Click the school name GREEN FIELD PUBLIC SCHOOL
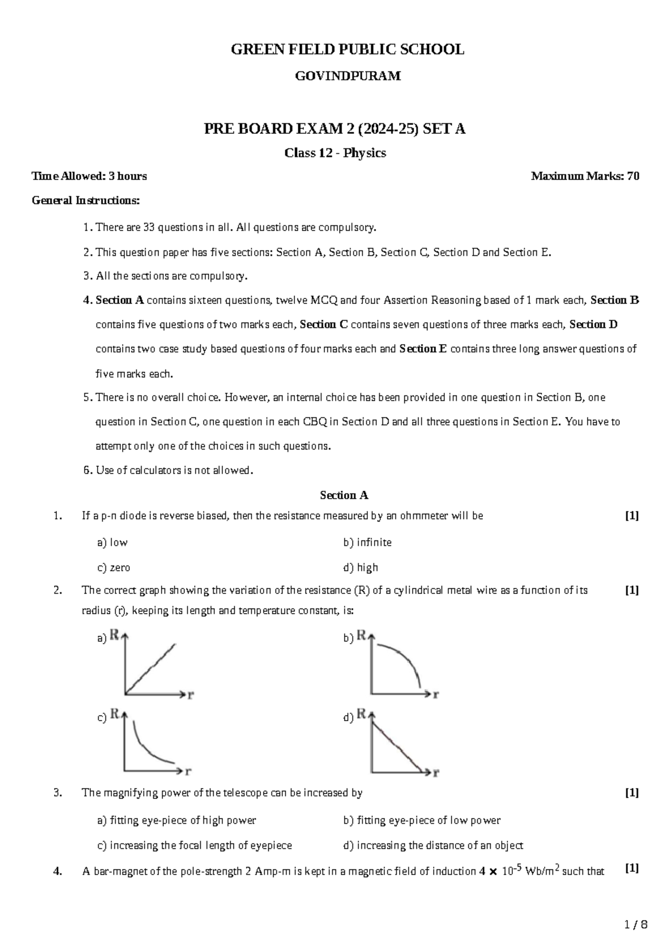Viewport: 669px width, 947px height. (x=347, y=50)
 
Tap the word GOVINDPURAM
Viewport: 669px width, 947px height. (x=347, y=76)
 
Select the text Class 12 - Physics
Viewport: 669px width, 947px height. (x=335, y=153)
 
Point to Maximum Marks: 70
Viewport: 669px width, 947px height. (x=585, y=176)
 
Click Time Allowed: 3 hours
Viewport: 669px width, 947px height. (x=90, y=176)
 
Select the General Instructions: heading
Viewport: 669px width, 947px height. (x=86, y=200)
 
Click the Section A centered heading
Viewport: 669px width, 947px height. (x=344, y=495)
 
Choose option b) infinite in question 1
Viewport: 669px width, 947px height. (x=367, y=542)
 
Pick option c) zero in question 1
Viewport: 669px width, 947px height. (x=114, y=567)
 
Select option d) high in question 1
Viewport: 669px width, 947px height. (x=361, y=567)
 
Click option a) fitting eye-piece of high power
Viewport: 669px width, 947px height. (x=177, y=820)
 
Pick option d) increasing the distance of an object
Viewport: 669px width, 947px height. (x=433, y=845)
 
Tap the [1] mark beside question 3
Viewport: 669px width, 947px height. (x=632, y=793)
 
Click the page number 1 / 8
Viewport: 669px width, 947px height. (x=636, y=925)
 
